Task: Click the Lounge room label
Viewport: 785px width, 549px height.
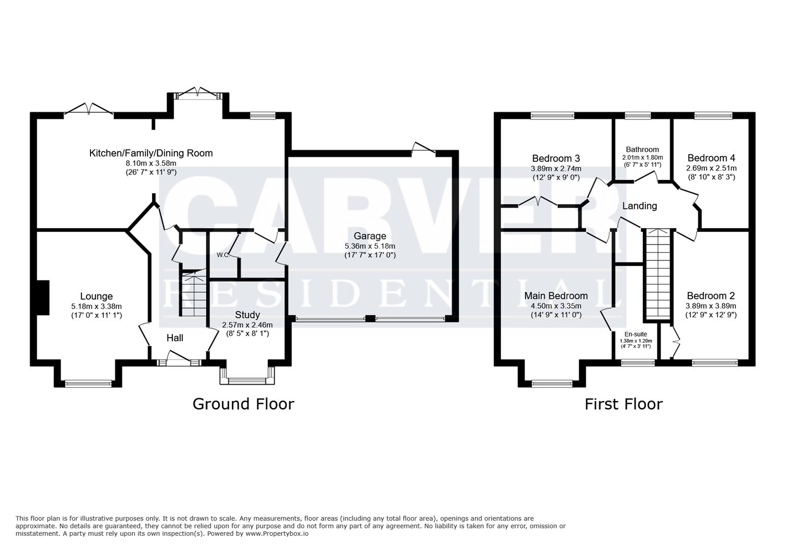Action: click(97, 296)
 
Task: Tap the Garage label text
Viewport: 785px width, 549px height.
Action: click(370, 236)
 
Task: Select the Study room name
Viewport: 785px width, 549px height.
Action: click(248, 315)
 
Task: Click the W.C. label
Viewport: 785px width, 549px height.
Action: click(223, 255)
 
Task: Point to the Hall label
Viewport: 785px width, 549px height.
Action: click(175, 338)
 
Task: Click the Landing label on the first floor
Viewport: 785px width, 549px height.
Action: click(640, 206)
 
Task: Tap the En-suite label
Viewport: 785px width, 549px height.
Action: click(636, 334)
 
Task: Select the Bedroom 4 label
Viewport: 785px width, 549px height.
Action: click(711, 158)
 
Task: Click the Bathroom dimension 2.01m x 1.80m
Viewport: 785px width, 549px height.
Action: click(642, 158)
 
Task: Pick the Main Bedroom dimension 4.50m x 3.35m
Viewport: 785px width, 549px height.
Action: click(556, 306)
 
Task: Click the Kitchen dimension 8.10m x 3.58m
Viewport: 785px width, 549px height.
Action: click(151, 163)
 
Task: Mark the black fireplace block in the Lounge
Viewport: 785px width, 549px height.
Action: click(43, 297)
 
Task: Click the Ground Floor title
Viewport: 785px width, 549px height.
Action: click(243, 404)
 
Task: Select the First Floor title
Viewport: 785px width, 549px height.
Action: click(624, 404)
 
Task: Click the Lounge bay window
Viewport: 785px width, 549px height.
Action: click(88, 384)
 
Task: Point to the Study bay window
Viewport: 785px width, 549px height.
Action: click(248, 381)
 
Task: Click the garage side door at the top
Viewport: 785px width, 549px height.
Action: click(424, 148)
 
